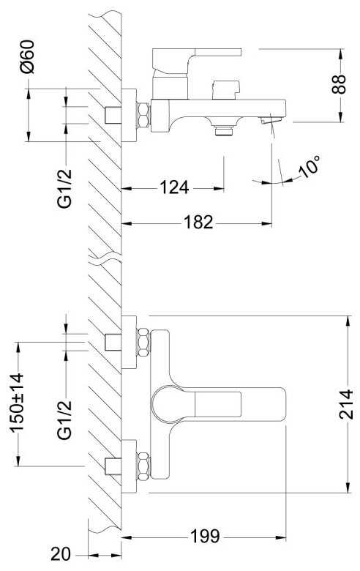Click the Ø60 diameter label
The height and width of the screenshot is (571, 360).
tap(28, 57)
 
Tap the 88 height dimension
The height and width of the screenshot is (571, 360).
tap(339, 84)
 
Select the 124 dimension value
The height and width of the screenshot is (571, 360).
tap(174, 187)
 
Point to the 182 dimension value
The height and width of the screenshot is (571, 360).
tap(198, 222)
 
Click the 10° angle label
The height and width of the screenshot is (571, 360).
tap(309, 166)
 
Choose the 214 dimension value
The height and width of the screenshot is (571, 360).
tap(346, 404)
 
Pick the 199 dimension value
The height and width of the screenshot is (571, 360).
tap(205, 536)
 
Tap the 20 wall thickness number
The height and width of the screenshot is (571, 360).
tap(61, 555)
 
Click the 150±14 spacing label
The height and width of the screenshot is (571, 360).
tap(17, 403)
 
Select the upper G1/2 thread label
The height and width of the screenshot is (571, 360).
tap(65, 189)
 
